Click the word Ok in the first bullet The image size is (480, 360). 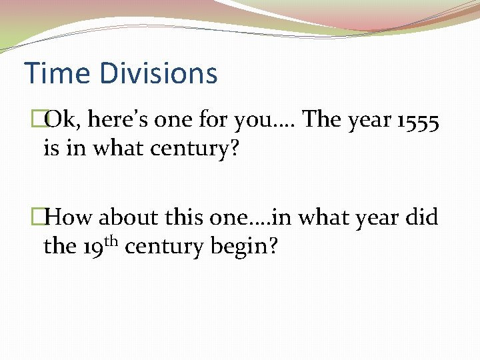coord(62,120)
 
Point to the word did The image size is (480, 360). coord(421,217)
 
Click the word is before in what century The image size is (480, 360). coord(51,147)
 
